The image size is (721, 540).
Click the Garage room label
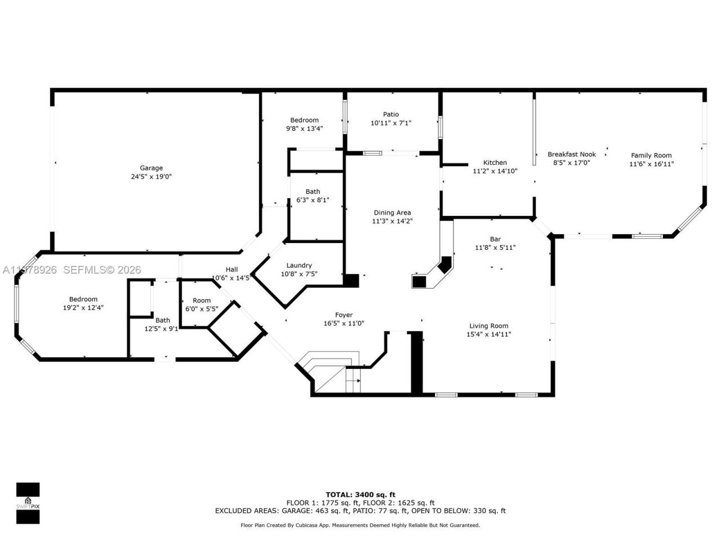[151, 168]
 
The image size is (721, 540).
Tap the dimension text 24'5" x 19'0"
[151, 176]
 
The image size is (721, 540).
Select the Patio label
[391, 114]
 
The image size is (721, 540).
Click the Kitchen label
[495, 163]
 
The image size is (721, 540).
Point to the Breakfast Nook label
[572, 154]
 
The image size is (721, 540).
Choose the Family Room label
[651, 155]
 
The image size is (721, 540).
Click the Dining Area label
[392, 213]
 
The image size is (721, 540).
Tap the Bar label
[495, 239]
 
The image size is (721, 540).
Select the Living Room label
[488, 326]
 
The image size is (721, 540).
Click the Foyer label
[344, 315]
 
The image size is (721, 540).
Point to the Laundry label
[299, 265]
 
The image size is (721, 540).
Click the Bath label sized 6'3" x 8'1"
[313, 191]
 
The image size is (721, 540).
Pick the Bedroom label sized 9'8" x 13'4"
[304, 120]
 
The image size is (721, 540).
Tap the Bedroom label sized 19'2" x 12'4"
[83, 299]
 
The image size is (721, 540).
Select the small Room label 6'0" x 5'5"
[202, 300]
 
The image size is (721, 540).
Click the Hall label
[232, 269]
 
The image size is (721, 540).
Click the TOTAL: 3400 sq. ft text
[360, 494]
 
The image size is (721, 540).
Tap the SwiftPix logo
[28, 502]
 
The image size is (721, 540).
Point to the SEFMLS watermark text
[101, 270]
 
